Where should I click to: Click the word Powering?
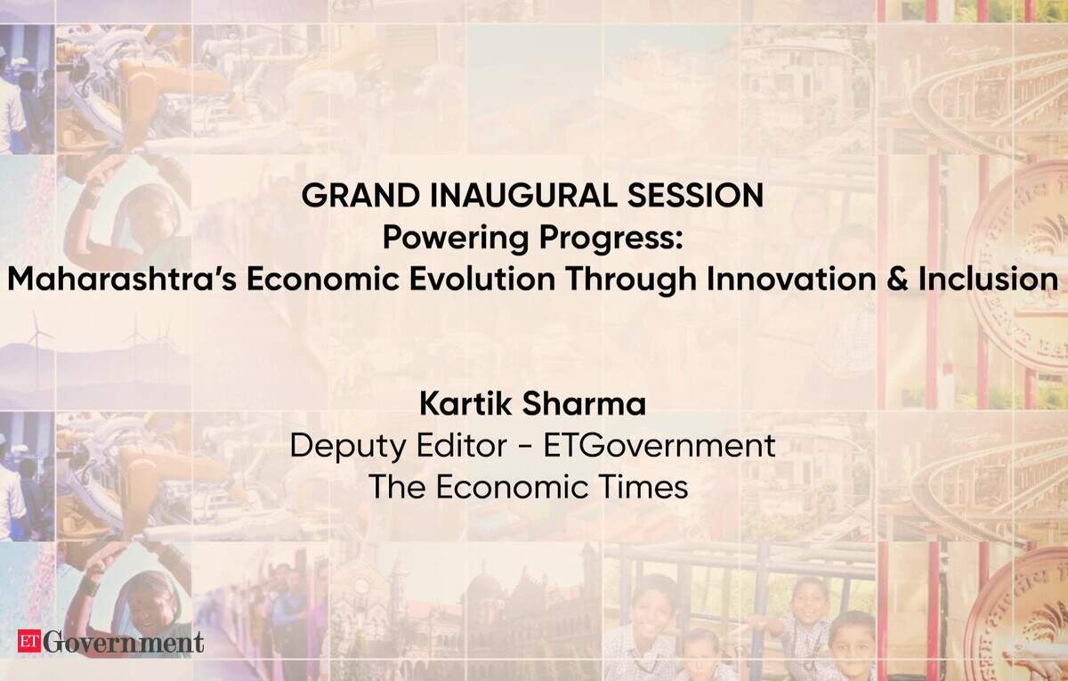[x=455, y=239]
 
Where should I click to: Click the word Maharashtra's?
[x=122, y=279]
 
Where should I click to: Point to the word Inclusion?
[x=989, y=280]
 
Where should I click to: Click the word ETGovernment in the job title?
[x=659, y=445]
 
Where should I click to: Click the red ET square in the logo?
[x=29, y=641]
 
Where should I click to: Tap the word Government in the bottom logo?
[x=124, y=642]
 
